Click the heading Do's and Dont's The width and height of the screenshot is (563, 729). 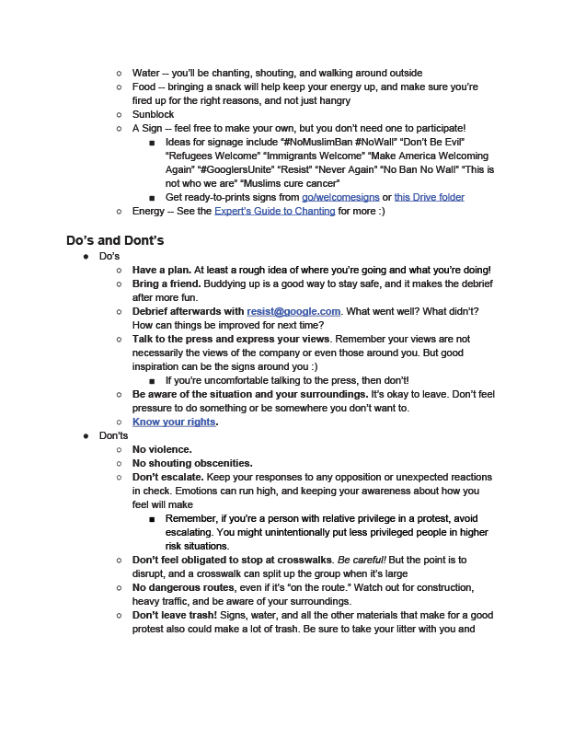(x=115, y=241)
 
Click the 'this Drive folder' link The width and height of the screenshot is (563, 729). (x=429, y=197)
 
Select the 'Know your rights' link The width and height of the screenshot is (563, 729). (x=175, y=422)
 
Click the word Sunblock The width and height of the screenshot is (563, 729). (x=153, y=114)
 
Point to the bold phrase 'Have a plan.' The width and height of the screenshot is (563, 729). (x=162, y=270)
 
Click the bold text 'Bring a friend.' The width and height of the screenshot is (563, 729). (x=166, y=284)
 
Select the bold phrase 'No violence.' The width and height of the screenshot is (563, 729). (x=162, y=449)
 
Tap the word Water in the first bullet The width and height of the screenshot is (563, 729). (x=145, y=73)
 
